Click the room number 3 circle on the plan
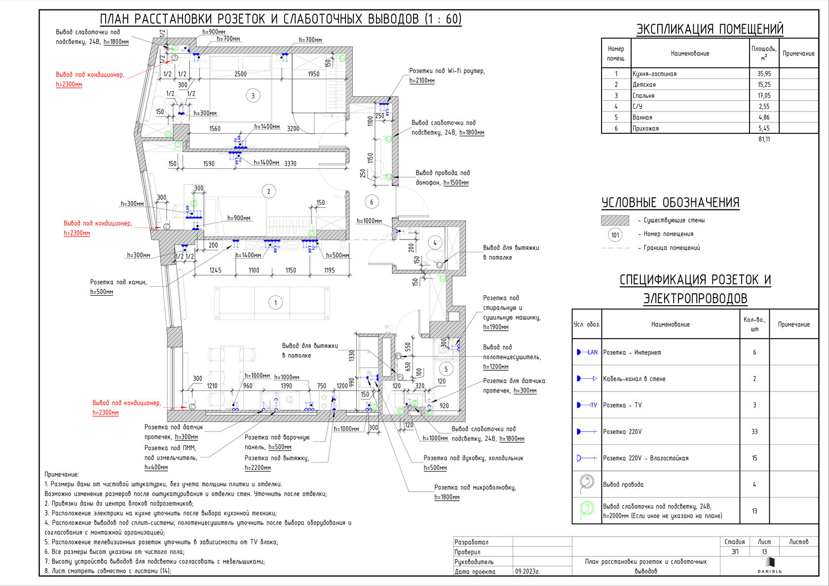tap(253, 96)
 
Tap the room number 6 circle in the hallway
tap(372, 201)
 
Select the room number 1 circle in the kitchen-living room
tap(275, 303)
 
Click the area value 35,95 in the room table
tap(764, 74)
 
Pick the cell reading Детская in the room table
tap(644, 85)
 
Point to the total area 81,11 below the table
tap(764, 139)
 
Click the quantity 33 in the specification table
tap(754, 431)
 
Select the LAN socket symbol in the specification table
tap(587, 352)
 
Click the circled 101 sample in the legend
tap(615, 234)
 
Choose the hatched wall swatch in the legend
tap(615, 220)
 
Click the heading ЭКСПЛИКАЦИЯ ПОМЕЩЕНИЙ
tap(710, 29)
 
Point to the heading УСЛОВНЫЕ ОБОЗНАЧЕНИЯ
tap(670, 203)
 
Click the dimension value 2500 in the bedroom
tap(240, 74)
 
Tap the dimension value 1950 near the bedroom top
tap(313, 74)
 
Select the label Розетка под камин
tap(118, 282)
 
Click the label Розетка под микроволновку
tap(475, 487)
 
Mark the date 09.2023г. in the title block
tap(528, 571)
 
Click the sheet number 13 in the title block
tap(764, 552)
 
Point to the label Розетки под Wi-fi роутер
tap(447, 71)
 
